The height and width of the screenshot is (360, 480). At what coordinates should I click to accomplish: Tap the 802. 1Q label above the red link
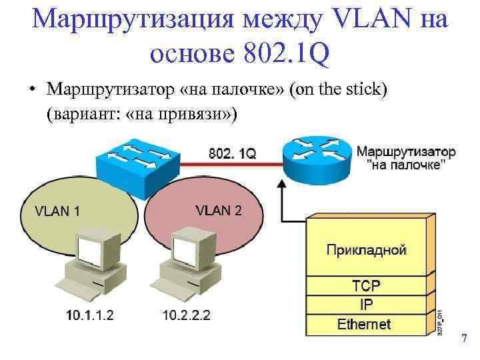pyautogui.click(x=232, y=153)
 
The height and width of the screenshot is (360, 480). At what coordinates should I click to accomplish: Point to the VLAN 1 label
pyautogui.click(x=57, y=211)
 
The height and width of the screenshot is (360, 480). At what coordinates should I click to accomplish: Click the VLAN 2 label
pyautogui.click(x=219, y=210)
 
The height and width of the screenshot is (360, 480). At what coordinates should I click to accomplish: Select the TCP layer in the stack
pyautogui.click(x=366, y=285)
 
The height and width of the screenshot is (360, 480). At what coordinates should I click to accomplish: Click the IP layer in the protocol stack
pyautogui.click(x=366, y=305)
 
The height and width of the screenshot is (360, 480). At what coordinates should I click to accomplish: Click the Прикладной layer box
pyautogui.click(x=366, y=250)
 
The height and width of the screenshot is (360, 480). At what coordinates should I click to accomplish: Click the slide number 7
pyautogui.click(x=464, y=340)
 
